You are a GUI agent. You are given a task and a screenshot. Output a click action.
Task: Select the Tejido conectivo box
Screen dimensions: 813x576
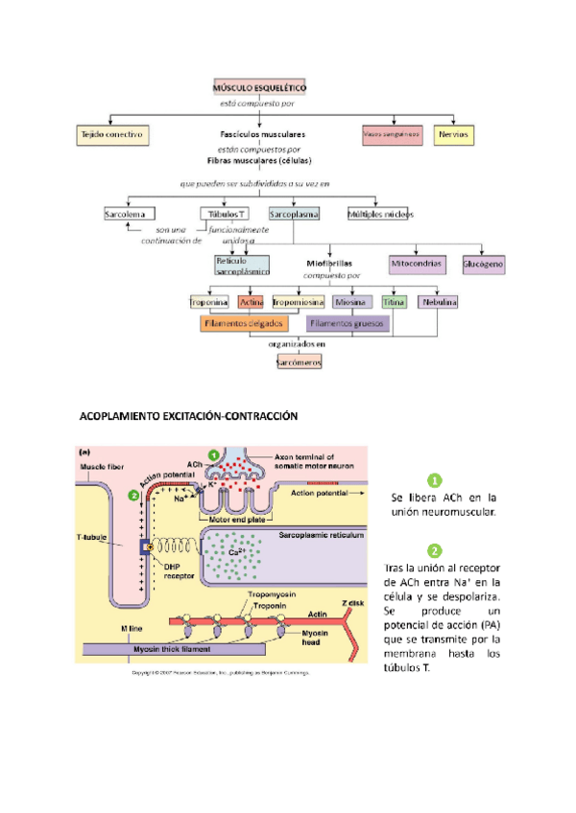click(111, 135)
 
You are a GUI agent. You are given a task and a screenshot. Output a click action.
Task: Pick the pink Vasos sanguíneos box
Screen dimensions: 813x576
click(392, 135)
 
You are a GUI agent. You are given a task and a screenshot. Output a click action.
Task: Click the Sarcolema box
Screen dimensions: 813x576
click(124, 215)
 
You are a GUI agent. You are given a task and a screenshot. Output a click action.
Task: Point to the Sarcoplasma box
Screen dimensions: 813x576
click(294, 215)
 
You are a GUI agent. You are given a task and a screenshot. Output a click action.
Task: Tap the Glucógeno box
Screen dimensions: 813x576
click(484, 263)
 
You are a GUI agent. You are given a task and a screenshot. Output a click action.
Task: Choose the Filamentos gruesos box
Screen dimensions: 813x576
click(347, 324)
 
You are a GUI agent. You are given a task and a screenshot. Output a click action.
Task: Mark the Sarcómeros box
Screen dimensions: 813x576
click(299, 362)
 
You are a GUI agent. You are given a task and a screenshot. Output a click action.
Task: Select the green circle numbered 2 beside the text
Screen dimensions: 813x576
click(435, 551)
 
